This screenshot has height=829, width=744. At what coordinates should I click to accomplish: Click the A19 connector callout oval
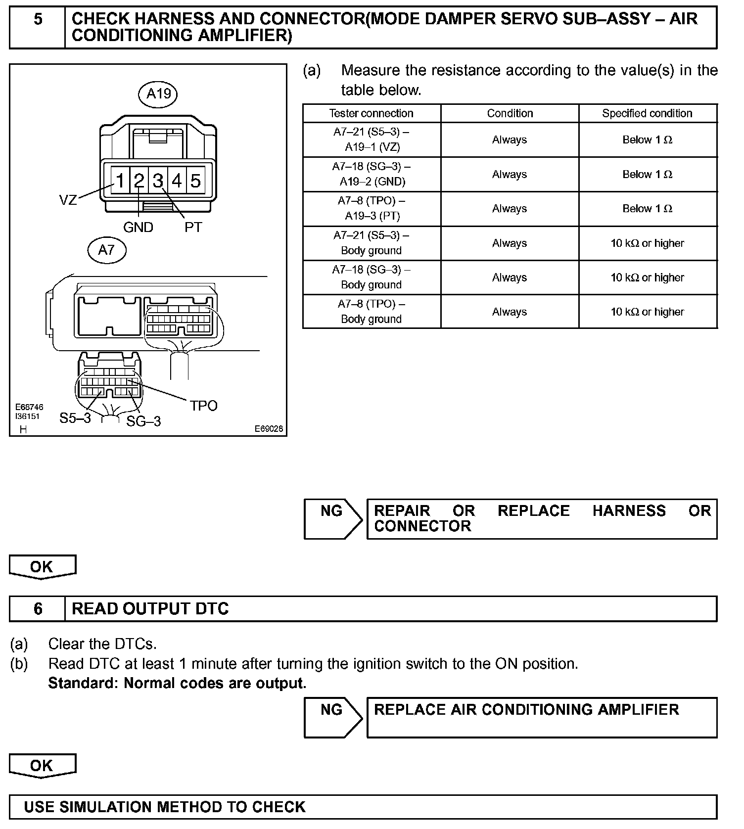point(158,93)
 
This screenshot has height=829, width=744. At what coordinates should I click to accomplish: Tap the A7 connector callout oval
point(106,250)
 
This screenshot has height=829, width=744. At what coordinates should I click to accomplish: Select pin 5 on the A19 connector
point(196,181)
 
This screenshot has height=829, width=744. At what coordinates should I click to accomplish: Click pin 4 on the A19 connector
point(177,181)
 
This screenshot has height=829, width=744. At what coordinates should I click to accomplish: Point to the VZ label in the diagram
point(68,200)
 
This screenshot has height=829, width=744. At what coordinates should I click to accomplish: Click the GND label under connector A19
point(138,228)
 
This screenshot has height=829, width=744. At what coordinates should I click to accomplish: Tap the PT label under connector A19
point(193,228)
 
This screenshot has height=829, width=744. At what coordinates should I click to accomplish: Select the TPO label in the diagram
point(204,406)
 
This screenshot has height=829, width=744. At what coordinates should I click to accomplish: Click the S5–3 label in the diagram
point(75,418)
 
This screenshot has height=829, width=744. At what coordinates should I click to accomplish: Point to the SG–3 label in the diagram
point(143,421)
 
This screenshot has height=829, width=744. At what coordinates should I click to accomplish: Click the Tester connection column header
point(372,113)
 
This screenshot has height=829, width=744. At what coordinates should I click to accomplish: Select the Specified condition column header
point(647,113)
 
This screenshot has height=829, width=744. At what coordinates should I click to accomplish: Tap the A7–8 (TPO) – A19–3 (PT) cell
point(372,209)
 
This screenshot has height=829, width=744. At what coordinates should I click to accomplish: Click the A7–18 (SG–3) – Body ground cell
point(372,277)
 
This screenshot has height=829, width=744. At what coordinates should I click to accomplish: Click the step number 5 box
point(38,27)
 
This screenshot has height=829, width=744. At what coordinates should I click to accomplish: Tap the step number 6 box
point(38,608)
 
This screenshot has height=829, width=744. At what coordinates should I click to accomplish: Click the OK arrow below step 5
point(43,567)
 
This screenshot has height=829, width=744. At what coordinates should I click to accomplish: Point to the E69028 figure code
point(269,429)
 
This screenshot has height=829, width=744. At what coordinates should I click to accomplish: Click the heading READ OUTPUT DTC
point(150,608)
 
